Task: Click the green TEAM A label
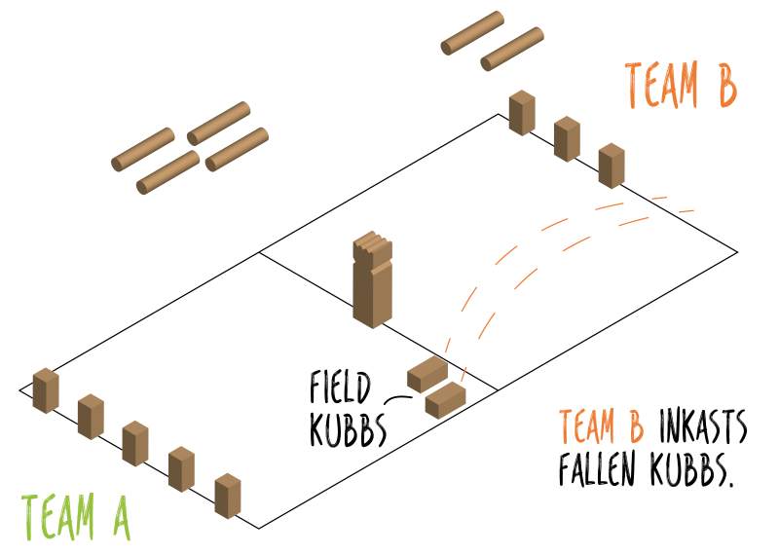pos(75,517)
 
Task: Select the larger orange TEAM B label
pos(681,86)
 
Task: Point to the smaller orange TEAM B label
pos(601,426)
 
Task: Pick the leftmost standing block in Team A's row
pos(46,390)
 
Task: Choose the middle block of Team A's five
pos(135,443)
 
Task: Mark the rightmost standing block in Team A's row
pos(228,496)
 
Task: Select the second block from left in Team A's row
pos(91,417)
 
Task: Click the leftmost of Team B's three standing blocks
pos(522,113)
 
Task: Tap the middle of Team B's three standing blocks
pos(567,138)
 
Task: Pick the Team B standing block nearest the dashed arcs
pos(612,166)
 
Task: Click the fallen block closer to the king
pos(427,374)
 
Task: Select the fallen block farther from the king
pos(446,399)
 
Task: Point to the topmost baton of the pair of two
pos(472,33)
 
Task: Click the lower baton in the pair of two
pos(512,49)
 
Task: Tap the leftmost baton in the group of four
pos(143,149)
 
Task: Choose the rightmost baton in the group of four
pos(237,149)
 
